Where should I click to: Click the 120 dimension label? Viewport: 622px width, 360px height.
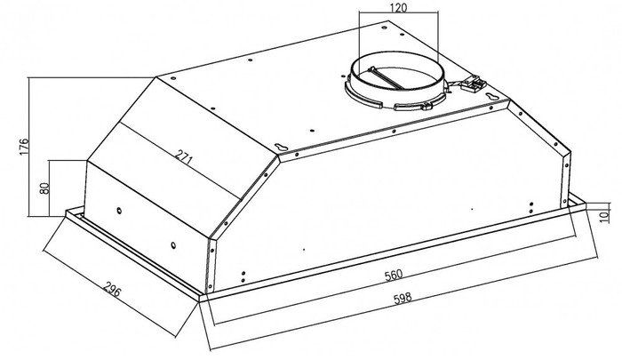[x=398, y=7]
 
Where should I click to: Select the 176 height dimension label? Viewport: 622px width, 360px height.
[x=24, y=147]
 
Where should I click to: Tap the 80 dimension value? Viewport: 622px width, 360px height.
[x=44, y=188]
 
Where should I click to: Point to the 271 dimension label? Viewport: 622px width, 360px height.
[x=184, y=158]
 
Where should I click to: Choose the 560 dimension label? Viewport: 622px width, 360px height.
[x=394, y=275]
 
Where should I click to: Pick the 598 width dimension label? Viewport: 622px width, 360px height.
[x=403, y=298]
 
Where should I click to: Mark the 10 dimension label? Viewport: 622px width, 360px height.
[x=604, y=216]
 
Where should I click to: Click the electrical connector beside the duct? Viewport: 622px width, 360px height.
[x=474, y=84]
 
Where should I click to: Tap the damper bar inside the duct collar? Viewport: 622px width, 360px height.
[x=386, y=78]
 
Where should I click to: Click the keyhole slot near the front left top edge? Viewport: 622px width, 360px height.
[x=282, y=147]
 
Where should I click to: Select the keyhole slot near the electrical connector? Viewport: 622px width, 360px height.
[x=492, y=96]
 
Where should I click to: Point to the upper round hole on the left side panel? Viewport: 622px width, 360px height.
[x=119, y=211]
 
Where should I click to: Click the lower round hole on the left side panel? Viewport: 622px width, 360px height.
[x=174, y=245]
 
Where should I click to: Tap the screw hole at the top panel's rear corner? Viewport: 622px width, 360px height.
[x=384, y=28]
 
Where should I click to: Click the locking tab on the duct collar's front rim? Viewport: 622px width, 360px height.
[x=426, y=106]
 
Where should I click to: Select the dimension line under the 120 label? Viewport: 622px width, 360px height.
[x=398, y=12]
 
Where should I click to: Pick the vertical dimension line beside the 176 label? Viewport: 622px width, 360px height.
[x=28, y=147]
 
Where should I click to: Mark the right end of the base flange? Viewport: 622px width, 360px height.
[x=585, y=207]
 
